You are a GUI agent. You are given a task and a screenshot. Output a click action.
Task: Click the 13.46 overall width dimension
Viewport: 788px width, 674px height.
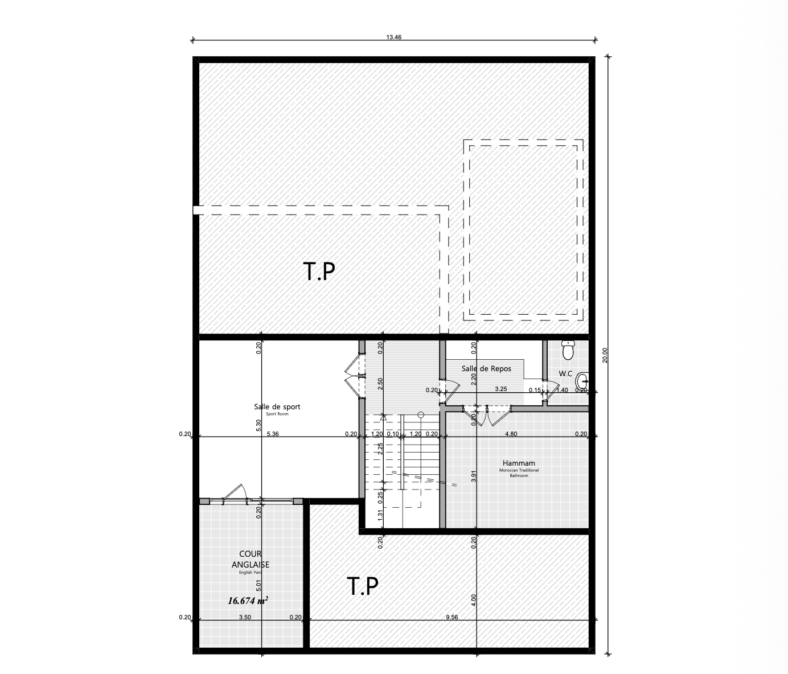[394, 38]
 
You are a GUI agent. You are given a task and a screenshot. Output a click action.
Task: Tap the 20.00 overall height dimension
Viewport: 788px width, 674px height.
[605, 355]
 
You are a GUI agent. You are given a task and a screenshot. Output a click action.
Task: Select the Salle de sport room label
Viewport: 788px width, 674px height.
[277, 407]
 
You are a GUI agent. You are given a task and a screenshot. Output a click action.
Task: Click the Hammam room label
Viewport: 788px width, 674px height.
[519, 463]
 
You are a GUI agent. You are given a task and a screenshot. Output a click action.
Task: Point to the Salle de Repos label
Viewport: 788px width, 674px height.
[486, 369]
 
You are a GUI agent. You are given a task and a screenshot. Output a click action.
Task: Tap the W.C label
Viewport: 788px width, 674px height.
[566, 373]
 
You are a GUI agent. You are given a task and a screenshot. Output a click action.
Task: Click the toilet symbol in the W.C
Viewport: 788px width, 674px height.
[568, 350]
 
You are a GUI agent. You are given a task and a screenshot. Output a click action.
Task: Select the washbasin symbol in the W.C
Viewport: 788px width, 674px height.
[583, 381]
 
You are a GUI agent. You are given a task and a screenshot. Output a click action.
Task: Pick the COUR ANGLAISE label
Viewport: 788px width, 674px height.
[251, 559]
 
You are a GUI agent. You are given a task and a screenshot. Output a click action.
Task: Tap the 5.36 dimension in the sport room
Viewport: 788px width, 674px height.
[273, 434]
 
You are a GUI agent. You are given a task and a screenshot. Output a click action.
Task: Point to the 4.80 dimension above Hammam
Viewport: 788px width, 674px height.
[511, 434]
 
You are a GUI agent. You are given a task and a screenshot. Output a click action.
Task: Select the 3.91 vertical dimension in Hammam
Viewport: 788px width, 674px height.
[474, 476]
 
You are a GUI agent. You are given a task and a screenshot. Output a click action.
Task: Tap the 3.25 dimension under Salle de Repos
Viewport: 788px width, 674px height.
[501, 389]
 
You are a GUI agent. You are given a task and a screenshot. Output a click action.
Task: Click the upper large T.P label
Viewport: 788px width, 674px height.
[319, 272]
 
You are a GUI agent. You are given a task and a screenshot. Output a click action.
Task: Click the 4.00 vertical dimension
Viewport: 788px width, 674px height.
[474, 600]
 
